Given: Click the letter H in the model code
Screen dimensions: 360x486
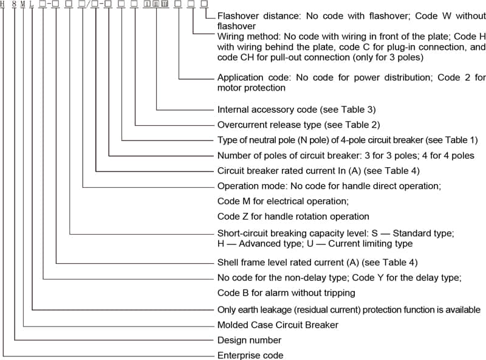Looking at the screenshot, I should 4,4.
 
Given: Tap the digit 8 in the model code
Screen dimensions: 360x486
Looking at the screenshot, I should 14,4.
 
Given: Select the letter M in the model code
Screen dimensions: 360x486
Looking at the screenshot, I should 23,4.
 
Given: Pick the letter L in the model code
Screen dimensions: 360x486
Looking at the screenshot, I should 32,4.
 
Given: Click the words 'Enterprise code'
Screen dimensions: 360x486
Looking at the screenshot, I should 250,355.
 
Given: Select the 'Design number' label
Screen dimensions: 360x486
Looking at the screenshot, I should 249,340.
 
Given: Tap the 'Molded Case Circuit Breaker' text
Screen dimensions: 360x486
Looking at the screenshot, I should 278,325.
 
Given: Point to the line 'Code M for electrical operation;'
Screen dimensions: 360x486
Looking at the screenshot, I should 283,201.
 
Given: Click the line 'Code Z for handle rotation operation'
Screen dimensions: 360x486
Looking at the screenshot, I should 293,216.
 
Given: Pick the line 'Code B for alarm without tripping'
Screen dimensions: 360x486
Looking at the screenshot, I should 286,293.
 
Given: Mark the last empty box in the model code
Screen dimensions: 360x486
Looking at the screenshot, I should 204,4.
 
